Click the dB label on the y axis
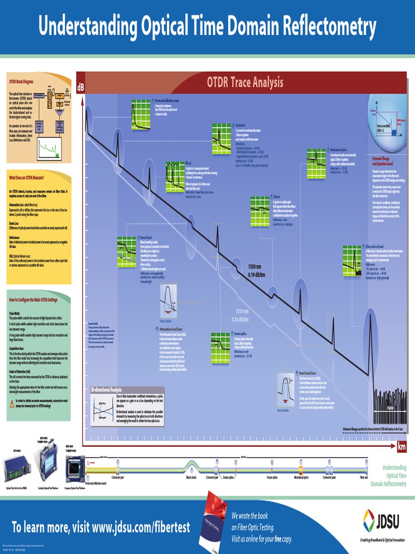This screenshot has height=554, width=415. point(81,87)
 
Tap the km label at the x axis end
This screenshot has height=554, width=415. point(401,446)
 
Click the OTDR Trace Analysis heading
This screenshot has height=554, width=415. point(245,82)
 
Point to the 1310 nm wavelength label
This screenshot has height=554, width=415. point(242,312)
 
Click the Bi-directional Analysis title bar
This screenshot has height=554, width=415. point(106,390)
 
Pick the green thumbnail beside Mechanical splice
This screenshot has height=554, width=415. point(316,159)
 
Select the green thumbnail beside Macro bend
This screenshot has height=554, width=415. point(126,247)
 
